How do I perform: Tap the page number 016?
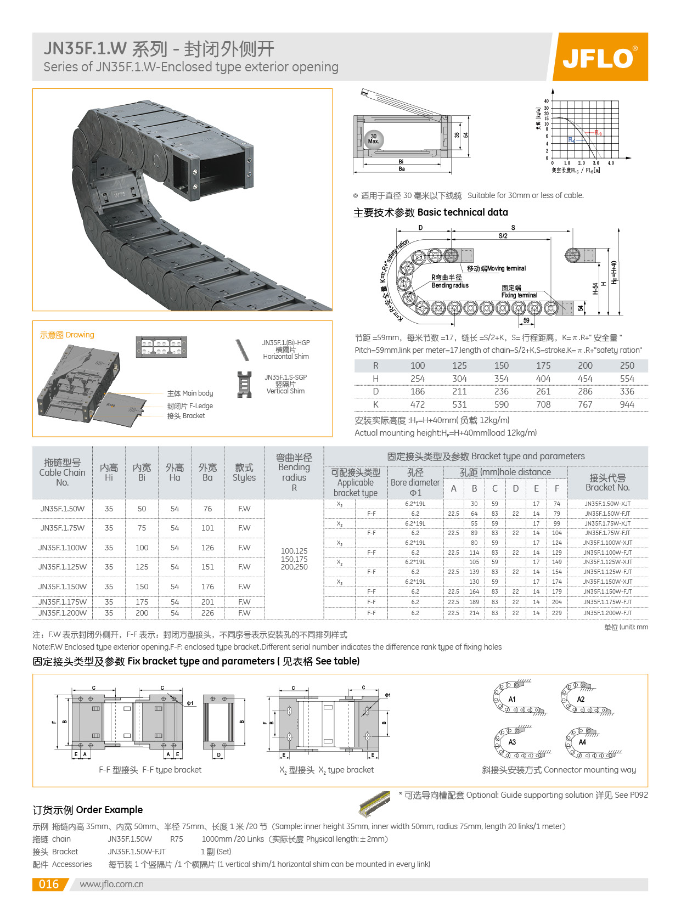(48, 884)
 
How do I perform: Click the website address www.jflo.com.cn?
(111, 884)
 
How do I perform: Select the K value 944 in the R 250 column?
(627, 404)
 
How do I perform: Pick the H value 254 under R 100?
(418, 379)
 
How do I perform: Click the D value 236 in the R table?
(501, 391)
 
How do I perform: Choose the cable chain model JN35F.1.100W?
(62, 548)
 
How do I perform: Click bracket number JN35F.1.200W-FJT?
(607, 613)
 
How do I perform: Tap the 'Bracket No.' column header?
(607, 482)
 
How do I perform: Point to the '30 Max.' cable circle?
(374, 139)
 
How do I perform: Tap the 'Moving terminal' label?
(496, 268)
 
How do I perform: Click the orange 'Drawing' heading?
(67, 335)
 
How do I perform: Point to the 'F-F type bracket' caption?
(150, 770)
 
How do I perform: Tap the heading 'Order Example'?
(87, 810)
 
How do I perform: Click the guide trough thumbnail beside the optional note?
(375, 803)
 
